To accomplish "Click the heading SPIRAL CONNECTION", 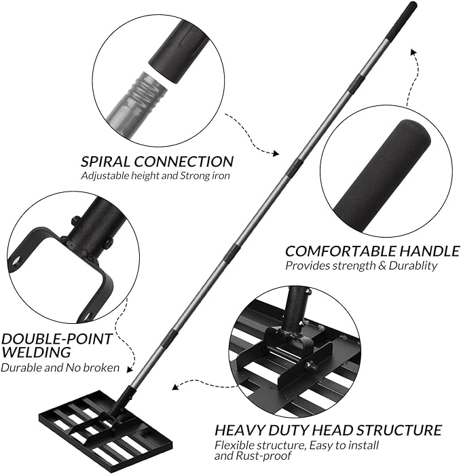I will coord(157,162).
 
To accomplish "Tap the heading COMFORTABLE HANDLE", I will coord(372,251).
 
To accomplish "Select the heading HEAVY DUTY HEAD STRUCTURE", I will coord(328,430).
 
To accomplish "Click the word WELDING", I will coord(36,352).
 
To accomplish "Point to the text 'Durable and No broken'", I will coord(60,368).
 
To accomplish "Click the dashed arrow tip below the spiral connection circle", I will coord(276,153).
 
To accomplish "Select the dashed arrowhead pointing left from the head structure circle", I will coord(174,388).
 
